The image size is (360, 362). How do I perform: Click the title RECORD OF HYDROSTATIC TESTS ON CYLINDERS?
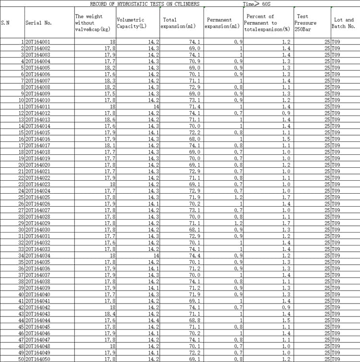tap(145, 4)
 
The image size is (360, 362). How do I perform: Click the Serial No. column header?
tap(38, 23)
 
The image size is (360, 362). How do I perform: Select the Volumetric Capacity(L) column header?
tap(131, 23)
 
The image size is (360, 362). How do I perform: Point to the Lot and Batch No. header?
tap(343, 23)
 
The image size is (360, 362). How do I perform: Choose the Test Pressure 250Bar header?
tap(305, 23)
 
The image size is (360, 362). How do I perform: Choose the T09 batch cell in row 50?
tap(336, 359)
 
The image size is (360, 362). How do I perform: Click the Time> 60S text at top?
tap(257, 4)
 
